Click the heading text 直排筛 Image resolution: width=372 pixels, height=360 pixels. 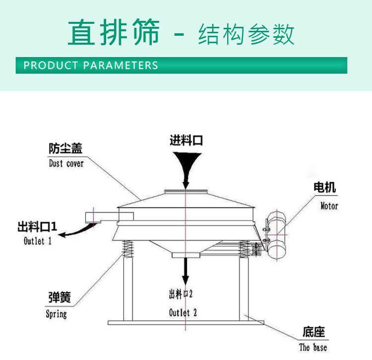click(x=114, y=33)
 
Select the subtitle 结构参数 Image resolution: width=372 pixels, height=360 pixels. click(x=246, y=34)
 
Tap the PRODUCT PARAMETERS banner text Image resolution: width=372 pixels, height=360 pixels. click(x=91, y=65)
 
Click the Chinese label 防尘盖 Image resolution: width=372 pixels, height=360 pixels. click(x=65, y=148)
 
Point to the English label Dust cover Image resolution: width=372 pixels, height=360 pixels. click(x=66, y=163)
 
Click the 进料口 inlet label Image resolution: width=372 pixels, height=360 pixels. click(x=186, y=141)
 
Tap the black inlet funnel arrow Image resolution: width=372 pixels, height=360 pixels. click(x=186, y=166)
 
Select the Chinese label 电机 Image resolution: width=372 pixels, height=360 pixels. click(x=325, y=187)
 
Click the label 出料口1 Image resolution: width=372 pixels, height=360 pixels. click(x=37, y=227)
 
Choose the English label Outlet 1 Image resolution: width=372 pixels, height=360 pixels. click(x=38, y=241)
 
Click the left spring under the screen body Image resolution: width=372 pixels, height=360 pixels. click(x=127, y=247)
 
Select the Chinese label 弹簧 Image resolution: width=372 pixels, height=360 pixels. click(x=59, y=297)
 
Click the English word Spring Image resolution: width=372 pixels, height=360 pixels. click(x=56, y=314)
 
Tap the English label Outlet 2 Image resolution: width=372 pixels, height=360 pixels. click(x=183, y=312)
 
